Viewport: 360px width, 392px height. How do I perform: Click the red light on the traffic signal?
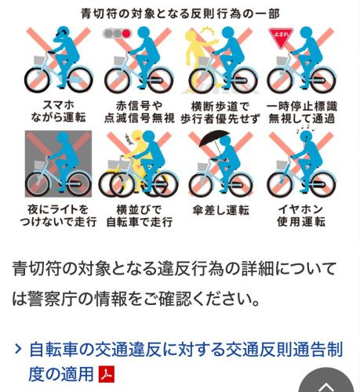click(126, 34)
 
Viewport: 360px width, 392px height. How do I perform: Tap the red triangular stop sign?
click(281, 38)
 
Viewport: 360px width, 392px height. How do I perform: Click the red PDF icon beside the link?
click(107, 374)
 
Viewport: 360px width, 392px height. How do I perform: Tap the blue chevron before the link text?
click(18, 349)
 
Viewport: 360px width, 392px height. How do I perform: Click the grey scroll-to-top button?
click(326, 382)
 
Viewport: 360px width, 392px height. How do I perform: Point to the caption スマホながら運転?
click(58, 111)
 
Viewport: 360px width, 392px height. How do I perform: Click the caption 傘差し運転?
click(220, 210)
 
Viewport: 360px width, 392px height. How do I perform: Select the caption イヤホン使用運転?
click(301, 216)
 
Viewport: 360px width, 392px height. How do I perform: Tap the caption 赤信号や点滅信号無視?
click(139, 112)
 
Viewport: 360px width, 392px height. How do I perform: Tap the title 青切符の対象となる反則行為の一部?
click(180, 13)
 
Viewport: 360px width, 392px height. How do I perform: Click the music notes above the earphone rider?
click(306, 128)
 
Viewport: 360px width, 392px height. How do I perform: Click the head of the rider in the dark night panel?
click(63, 138)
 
